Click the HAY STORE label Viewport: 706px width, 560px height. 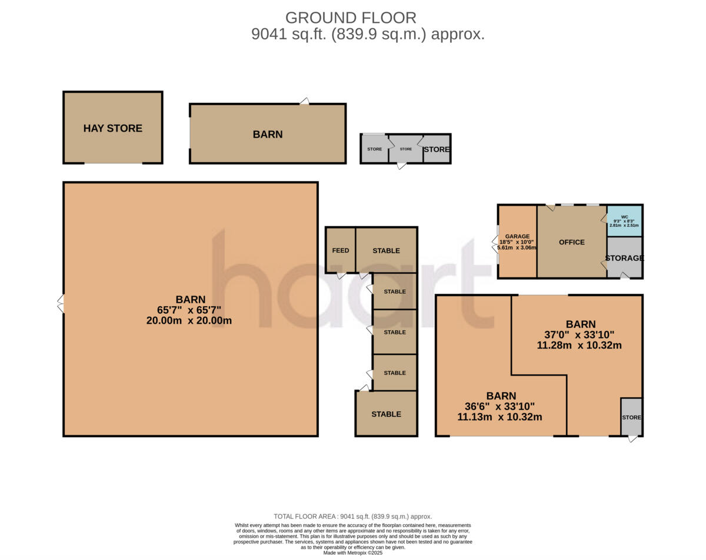112,128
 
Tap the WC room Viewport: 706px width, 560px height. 624,221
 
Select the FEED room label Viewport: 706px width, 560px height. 340,250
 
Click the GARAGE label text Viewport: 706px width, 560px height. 517,236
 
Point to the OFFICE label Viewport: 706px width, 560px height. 571,242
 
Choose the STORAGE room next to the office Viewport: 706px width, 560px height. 624,258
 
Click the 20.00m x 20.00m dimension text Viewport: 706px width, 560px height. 189,321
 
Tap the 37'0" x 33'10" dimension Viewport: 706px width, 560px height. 579,335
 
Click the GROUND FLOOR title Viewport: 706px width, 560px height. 351,18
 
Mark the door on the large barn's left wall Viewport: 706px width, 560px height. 60,304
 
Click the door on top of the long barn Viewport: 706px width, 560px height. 304,101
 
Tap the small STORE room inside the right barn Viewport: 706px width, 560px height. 631,417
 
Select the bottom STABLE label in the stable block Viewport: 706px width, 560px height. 386,414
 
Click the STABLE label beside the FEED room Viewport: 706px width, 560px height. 386,250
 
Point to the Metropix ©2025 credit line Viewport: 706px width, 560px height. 353,552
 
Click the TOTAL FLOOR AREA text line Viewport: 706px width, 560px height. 353,517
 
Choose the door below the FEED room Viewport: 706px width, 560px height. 341,275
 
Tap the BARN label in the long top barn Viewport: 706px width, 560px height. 268,134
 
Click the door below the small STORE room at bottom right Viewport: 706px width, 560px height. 632,438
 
